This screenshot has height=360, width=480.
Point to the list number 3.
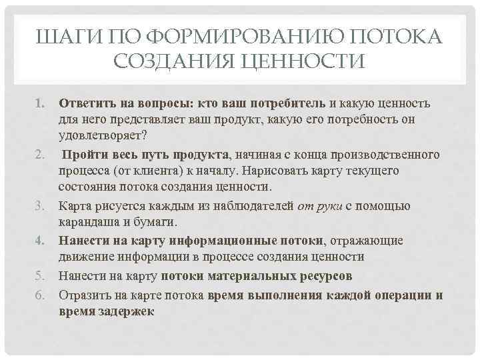tap(39, 207)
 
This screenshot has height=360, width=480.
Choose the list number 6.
tap(39, 295)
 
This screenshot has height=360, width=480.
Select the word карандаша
tap(87, 224)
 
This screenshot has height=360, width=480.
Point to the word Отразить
tap(83, 294)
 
